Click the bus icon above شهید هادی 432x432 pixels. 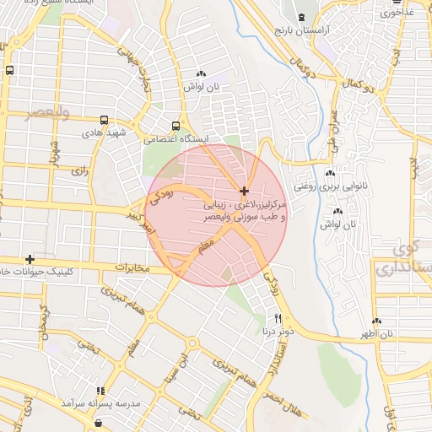click(x=104, y=120)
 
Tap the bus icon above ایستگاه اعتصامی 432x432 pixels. click(x=175, y=124)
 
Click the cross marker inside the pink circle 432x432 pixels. click(x=244, y=192)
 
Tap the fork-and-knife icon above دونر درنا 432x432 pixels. click(x=278, y=320)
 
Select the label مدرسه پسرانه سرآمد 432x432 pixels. click(x=100, y=404)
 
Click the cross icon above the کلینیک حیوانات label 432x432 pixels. click(x=30, y=259)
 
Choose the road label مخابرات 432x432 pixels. click(x=131, y=268)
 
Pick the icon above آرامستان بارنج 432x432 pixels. click(x=302, y=17)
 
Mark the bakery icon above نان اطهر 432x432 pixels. click(x=375, y=321)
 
